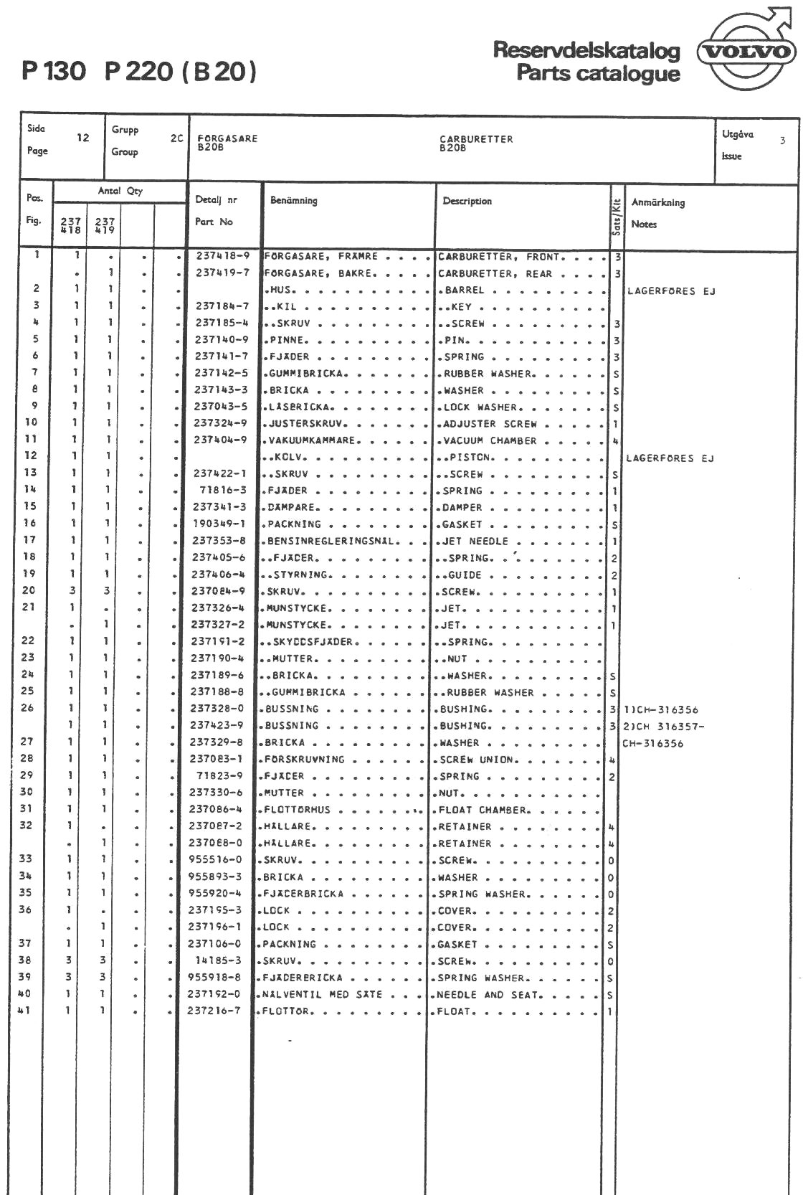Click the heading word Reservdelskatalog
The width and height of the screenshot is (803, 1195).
pyautogui.click(x=586, y=50)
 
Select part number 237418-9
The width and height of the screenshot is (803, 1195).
pyautogui.click(x=223, y=256)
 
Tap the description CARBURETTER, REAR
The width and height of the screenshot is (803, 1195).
pyautogui.click(x=495, y=273)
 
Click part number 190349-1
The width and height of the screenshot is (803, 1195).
pyautogui.click(x=219, y=524)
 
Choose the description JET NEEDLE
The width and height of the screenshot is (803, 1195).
pyautogui.click(x=475, y=541)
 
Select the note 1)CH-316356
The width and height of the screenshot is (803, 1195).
pyautogui.click(x=660, y=709)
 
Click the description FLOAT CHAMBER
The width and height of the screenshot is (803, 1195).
pyautogui.click(x=484, y=810)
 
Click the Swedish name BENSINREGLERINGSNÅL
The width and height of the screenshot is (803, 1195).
pyautogui.click(x=331, y=541)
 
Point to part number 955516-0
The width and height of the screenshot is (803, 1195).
pyautogui.click(x=215, y=859)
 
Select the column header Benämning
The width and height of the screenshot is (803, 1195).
pyautogui.click(x=294, y=200)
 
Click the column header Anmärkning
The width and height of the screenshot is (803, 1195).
pyautogui.click(x=658, y=202)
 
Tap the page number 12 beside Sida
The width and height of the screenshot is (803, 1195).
pyautogui.click(x=83, y=138)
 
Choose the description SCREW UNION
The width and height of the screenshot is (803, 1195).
pyautogui.click(x=477, y=760)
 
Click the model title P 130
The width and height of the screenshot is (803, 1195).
pyautogui.click(x=54, y=71)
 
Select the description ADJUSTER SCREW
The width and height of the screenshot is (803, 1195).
pyautogui.click(x=490, y=424)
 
